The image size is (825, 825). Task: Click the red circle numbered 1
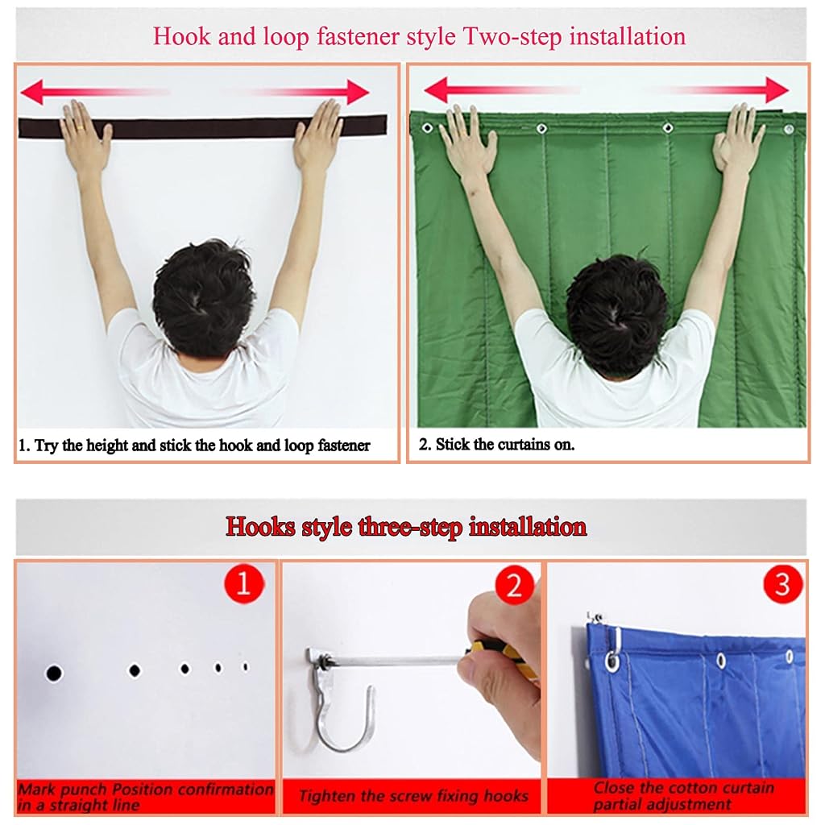[243, 583]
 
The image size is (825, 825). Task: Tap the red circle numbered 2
[515, 585]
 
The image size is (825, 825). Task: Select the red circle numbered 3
[782, 584]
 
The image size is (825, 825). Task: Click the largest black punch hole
[54, 673]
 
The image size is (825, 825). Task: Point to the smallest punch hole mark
[245, 666]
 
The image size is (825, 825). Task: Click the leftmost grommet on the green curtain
[428, 128]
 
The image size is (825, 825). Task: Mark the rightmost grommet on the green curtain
[788, 129]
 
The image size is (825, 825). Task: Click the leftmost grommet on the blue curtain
[612, 661]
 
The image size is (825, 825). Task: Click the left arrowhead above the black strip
[32, 92]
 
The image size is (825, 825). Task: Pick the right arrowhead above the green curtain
[777, 90]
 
